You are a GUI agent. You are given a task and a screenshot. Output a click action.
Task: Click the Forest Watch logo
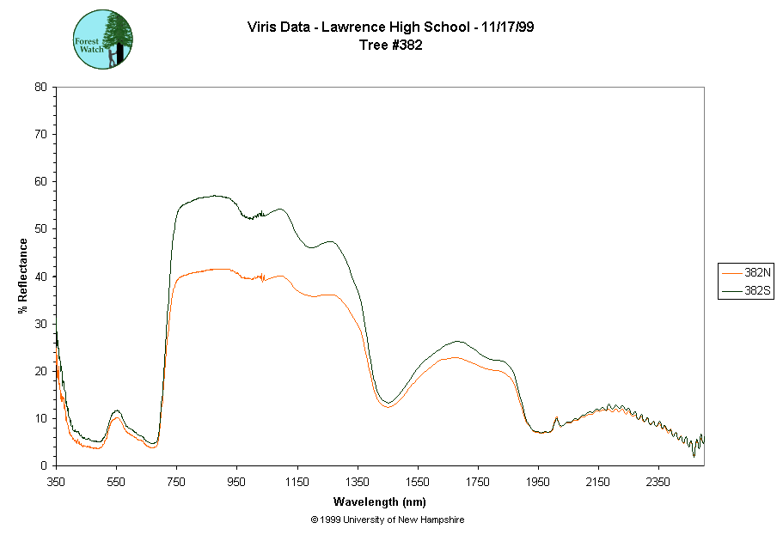103,40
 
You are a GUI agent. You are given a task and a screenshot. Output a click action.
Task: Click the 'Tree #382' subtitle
390,46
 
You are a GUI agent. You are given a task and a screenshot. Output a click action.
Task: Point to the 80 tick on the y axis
40,87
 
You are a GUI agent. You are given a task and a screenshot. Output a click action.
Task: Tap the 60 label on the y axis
40,181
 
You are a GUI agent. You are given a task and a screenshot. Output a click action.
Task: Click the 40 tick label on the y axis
40,277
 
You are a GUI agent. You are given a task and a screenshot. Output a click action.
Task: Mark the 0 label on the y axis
44,465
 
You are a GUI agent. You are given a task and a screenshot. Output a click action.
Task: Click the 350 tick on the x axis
56,482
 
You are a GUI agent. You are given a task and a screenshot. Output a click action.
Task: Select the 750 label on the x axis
176,482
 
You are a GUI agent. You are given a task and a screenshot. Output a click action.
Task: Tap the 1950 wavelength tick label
538,482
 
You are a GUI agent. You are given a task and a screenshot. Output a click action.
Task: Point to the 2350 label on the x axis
658,482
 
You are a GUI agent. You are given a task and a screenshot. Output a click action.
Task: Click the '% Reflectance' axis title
23,276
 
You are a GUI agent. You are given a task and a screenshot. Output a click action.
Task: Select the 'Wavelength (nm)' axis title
380,502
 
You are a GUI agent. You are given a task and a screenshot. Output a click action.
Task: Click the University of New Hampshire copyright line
388,520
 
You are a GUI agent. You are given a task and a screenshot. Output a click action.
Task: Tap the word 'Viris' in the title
262,28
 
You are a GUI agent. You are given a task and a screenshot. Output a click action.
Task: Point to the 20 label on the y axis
40,371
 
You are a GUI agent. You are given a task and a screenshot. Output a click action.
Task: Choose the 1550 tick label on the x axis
418,482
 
